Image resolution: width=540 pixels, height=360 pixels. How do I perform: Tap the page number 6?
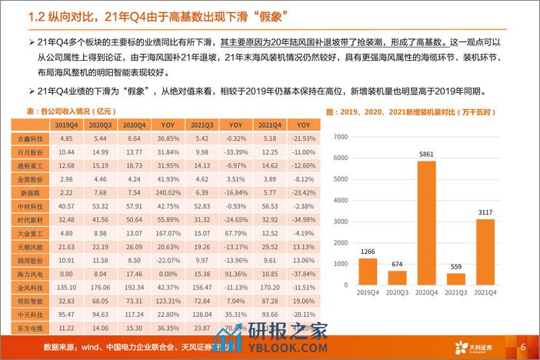tap(523, 345)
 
